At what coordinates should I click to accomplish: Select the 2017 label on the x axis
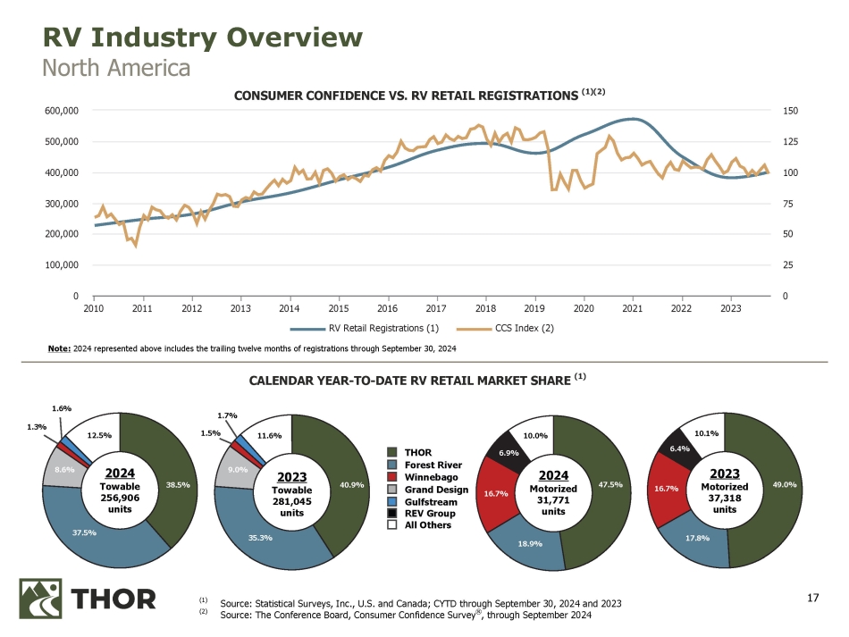[x=436, y=309]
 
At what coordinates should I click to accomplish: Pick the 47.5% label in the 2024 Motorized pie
[x=611, y=485]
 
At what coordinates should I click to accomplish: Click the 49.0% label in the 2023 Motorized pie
[x=784, y=485]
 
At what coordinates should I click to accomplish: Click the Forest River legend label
[x=433, y=464]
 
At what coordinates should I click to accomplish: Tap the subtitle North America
[x=116, y=68]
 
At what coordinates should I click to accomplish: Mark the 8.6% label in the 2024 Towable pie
[x=64, y=468]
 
